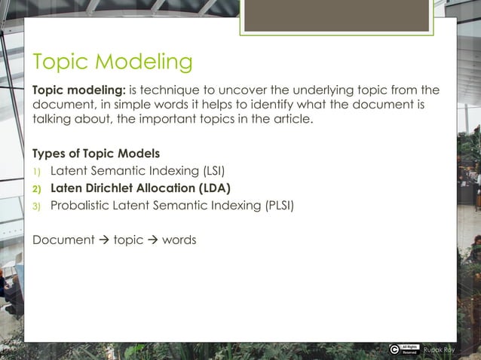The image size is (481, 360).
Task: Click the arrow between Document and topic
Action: pyautogui.click(x=105, y=240)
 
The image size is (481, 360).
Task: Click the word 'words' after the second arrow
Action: pyautogui.click(x=179, y=240)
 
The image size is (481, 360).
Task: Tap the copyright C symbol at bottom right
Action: pyautogui.click(x=395, y=349)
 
